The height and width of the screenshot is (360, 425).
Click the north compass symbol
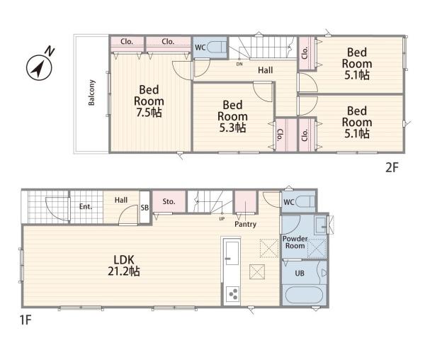[x=40, y=67]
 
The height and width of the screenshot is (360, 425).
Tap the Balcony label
[x=91, y=92]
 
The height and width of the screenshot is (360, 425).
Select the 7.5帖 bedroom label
[x=149, y=101]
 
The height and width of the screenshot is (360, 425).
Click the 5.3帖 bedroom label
[x=232, y=116]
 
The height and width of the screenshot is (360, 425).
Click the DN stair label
[x=239, y=64]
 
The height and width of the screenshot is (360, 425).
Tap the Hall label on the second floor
[x=265, y=70]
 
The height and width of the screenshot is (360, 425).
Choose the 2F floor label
[x=392, y=168]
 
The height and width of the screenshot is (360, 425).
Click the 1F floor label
[x=25, y=320]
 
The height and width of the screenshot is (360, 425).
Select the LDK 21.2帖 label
[x=124, y=265]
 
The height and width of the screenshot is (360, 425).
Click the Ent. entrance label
[x=86, y=206]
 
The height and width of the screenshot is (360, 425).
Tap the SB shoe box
[x=144, y=208]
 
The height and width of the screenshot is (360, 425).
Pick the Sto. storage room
[x=169, y=201]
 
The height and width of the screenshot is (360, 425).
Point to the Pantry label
[x=245, y=224]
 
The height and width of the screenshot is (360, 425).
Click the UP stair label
[x=222, y=218]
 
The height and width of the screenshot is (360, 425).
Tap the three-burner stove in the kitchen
[x=232, y=294]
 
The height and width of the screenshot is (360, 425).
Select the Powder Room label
[x=295, y=242]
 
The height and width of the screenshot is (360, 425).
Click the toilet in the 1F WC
[x=305, y=202]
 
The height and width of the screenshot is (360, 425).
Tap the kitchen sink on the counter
[x=232, y=253]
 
